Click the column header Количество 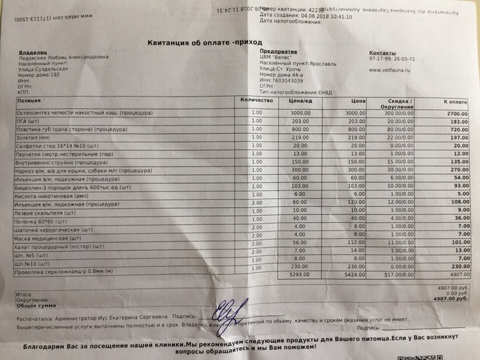[x=257, y=100]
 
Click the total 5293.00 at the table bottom [x=300, y=275]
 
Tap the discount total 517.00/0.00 [x=398, y=274]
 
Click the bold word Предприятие [x=279, y=51]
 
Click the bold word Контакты [x=383, y=52]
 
